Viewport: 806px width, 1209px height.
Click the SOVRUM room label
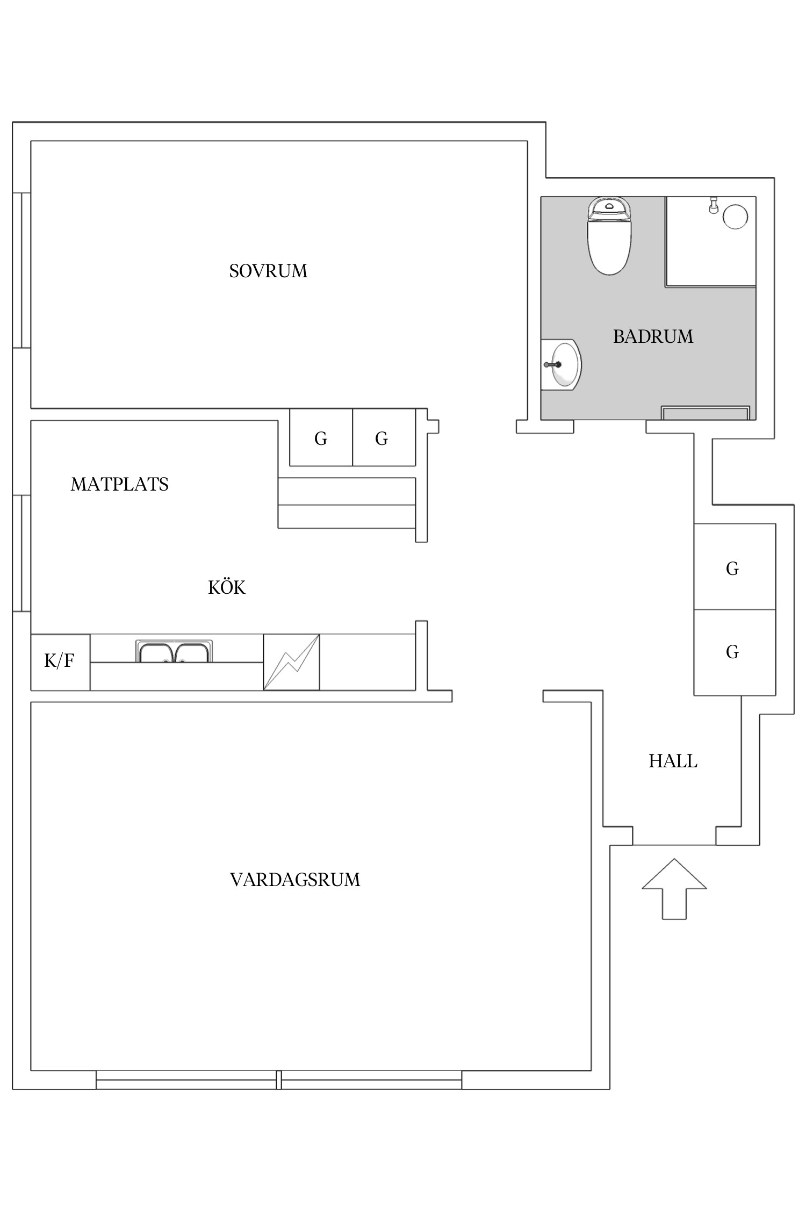click(x=268, y=271)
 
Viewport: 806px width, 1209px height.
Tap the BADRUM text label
click(x=653, y=336)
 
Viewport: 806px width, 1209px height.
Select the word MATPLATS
click(x=119, y=485)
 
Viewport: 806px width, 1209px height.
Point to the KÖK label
click(x=227, y=587)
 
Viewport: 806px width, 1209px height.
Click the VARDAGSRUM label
click(x=295, y=880)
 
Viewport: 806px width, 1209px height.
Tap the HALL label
click(x=673, y=761)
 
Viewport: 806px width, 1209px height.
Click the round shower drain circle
click(x=735, y=217)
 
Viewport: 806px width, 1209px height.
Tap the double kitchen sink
click(x=174, y=652)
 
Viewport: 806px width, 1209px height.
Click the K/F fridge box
click(x=60, y=661)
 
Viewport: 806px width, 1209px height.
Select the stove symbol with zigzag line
click(x=291, y=662)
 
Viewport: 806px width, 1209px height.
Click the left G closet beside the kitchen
click(x=321, y=438)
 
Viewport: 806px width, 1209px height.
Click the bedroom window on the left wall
click(x=21, y=270)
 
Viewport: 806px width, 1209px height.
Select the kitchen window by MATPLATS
click(x=21, y=553)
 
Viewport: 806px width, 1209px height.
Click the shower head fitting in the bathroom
click(x=714, y=205)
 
